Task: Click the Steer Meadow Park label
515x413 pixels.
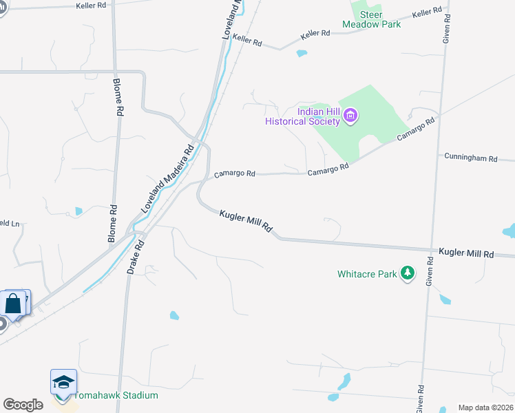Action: (x=371, y=19)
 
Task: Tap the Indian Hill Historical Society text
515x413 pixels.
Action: (x=303, y=117)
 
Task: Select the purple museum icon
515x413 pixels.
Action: (x=350, y=115)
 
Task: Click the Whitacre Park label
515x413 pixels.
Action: (x=367, y=274)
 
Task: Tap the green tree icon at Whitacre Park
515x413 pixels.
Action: (x=408, y=273)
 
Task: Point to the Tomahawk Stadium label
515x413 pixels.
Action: (x=115, y=395)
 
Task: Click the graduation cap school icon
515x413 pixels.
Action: (x=63, y=383)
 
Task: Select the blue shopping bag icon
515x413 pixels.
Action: (x=14, y=303)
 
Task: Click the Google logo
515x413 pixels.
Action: (x=23, y=405)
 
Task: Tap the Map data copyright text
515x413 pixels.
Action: (x=485, y=407)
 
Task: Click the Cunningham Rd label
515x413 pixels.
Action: (x=470, y=158)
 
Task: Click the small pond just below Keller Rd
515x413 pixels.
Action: (x=302, y=53)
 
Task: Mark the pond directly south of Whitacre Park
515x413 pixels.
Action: (x=445, y=299)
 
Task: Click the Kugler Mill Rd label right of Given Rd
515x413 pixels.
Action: (x=466, y=254)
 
